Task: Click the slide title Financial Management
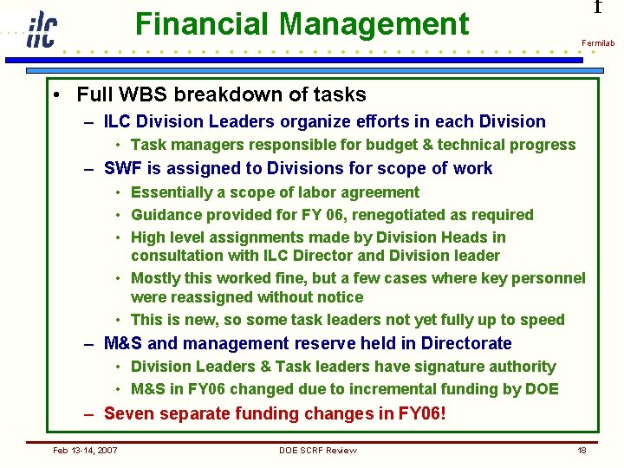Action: [x=302, y=24]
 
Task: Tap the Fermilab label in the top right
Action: [x=597, y=42]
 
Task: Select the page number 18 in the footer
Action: [x=582, y=450]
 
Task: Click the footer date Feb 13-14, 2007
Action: [x=85, y=450]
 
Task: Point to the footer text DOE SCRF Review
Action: [x=317, y=450]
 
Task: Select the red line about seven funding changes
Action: [x=275, y=413]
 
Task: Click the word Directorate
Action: [x=467, y=343]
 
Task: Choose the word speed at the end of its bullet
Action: [x=543, y=320]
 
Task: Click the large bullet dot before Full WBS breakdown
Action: [x=55, y=94]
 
